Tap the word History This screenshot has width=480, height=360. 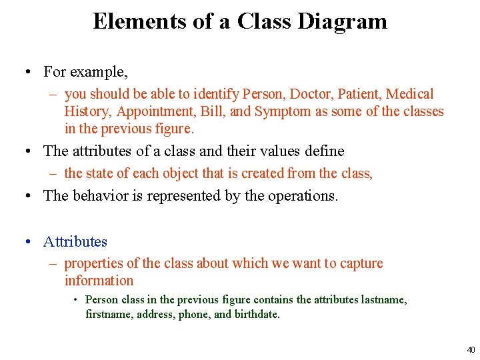pyautogui.click(x=86, y=111)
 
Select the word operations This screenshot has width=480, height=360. pyautogui.click(x=302, y=196)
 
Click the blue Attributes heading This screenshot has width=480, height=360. pyautogui.click(x=75, y=241)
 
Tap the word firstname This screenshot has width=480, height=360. pyautogui.click(x=109, y=314)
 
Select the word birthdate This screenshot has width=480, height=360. pyautogui.click(x=257, y=314)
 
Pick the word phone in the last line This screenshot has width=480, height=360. pyautogui.click(x=193, y=314)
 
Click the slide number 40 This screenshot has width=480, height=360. pyautogui.click(x=471, y=349)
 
